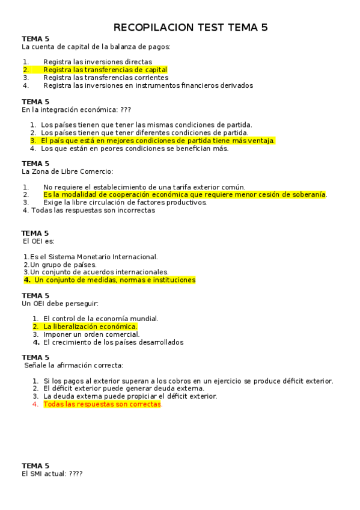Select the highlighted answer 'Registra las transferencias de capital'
(105, 70)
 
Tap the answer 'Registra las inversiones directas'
(97, 62)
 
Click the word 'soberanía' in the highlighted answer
(309, 195)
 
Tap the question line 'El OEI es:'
(38, 241)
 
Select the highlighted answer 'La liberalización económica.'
(90, 327)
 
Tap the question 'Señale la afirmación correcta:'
(74, 365)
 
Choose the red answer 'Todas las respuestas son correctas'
(102, 404)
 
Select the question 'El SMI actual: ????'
(52, 474)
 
